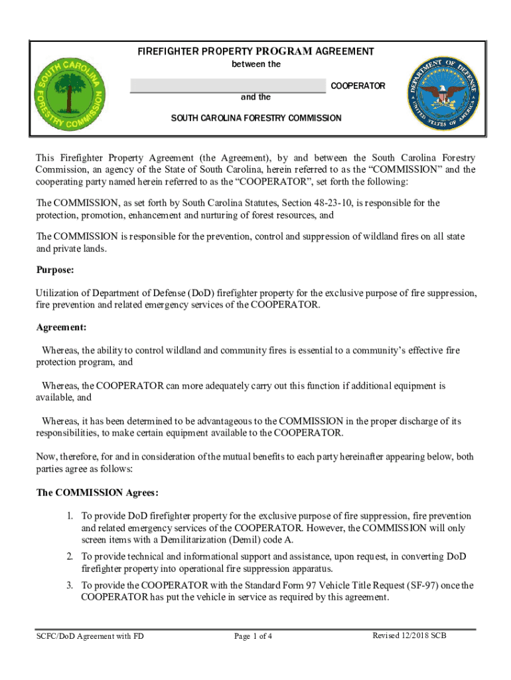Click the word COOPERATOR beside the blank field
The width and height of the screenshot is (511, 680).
[x=358, y=86]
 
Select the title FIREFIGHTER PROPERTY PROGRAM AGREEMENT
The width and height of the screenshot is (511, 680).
[x=256, y=51]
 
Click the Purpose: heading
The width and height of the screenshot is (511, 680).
[x=55, y=271]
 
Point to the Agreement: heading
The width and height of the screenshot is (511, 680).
[x=61, y=327]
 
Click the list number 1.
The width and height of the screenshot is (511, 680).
[x=69, y=516]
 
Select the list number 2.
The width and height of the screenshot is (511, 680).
[x=69, y=556]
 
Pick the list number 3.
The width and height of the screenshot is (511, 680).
[x=69, y=585]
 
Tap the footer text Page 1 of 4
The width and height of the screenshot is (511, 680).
[x=254, y=636]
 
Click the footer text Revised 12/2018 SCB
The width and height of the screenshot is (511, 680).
[x=409, y=636]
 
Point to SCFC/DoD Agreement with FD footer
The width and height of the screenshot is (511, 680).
[x=90, y=636]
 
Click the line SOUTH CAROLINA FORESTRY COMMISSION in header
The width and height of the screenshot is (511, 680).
[x=256, y=118]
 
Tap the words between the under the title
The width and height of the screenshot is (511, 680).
[x=256, y=64]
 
